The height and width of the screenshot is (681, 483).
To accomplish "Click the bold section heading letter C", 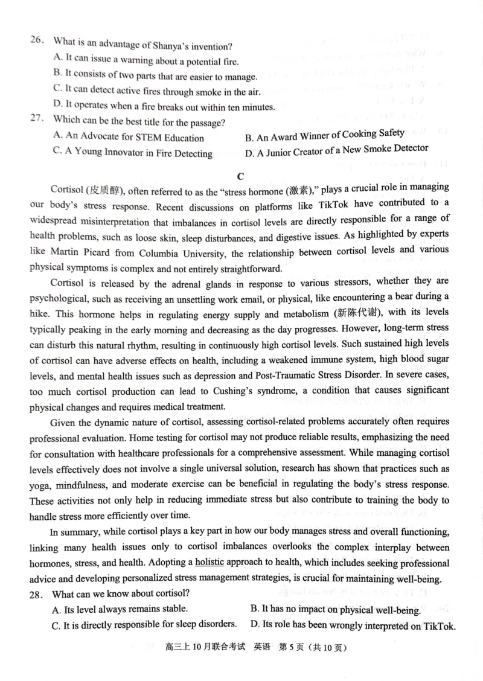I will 240,176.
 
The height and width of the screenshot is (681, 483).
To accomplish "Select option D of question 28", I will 353,625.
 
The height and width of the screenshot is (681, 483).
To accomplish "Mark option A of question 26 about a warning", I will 146,60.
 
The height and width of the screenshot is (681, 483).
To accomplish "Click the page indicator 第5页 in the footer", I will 292,647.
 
